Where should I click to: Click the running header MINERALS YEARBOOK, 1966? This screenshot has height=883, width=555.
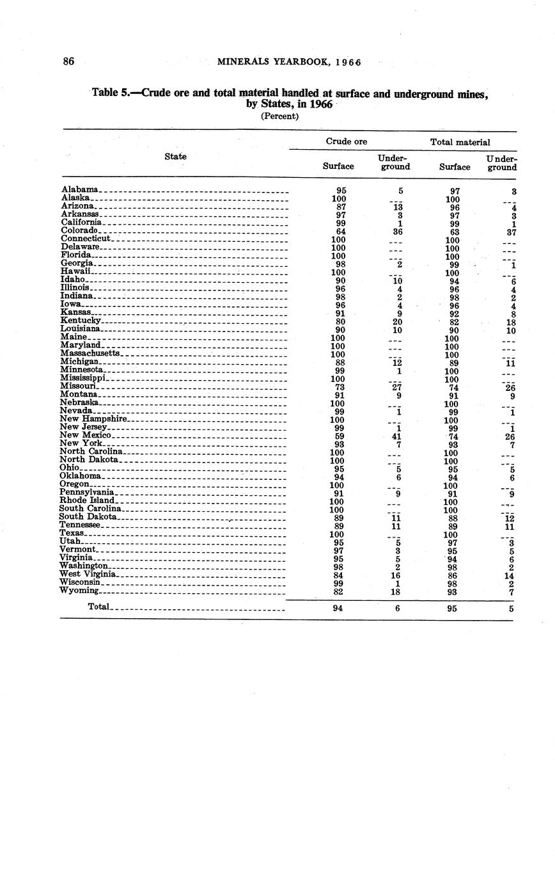click(290, 62)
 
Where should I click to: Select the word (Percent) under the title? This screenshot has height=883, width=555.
click(280, 116)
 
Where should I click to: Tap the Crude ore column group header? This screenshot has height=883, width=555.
click(347, 141)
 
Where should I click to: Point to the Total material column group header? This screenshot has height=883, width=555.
click(460, 142)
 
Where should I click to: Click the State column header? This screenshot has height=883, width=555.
click(176, 156)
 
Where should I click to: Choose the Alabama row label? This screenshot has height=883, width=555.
click(80, 189)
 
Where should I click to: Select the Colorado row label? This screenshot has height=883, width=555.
click(80, 230)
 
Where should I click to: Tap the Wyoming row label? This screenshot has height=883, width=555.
click(79, 591)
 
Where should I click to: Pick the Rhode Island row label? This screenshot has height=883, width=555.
click(87, 500)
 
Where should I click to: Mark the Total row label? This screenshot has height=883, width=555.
click(99, 607)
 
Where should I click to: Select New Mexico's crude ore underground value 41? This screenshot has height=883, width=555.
click(397, 436)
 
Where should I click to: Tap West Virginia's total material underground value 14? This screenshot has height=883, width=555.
click(510, 576)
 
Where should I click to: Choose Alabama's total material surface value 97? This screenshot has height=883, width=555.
click(453, 191)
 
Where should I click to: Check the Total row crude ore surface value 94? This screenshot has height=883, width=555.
click(338, 609)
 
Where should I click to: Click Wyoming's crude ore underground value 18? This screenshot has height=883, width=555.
click(397, 592)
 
